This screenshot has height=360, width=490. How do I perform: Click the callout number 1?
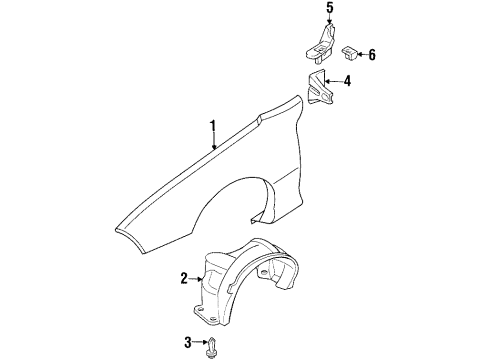(x=213, y=126)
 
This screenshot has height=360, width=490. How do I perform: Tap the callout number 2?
(x=183, y=278)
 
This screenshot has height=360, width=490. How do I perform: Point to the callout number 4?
(x=347, y=81)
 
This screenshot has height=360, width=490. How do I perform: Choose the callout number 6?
(x=371, y=54)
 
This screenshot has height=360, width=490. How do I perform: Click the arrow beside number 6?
(x=360, y=54)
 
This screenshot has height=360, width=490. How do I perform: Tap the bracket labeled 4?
(x=318, y=87)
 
